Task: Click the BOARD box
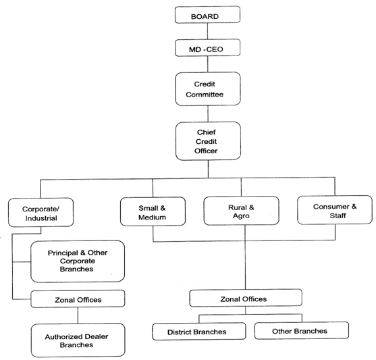click(207, 15)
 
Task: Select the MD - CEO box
click(207, 48)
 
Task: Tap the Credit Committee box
click(208, 88)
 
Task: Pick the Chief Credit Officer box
click(208, 141)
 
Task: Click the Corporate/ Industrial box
click(41, 212)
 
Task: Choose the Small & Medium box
click(153, 211)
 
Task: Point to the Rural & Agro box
click(241, 211)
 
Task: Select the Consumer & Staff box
click(335, 210)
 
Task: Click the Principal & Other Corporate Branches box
click(78, 261)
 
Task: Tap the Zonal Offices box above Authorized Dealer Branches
click(78, 299)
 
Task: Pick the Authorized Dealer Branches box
click(78, 340)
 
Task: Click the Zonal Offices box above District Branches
click(246, 298)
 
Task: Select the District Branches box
click(199, 332)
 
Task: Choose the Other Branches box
click(302, 330)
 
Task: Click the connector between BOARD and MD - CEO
click(207, 31)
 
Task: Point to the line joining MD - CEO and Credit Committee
click(208, 64)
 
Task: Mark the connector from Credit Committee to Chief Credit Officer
click(208, 113)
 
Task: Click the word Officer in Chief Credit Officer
click(206, 151)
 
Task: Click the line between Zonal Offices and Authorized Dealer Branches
click(78, 315)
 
